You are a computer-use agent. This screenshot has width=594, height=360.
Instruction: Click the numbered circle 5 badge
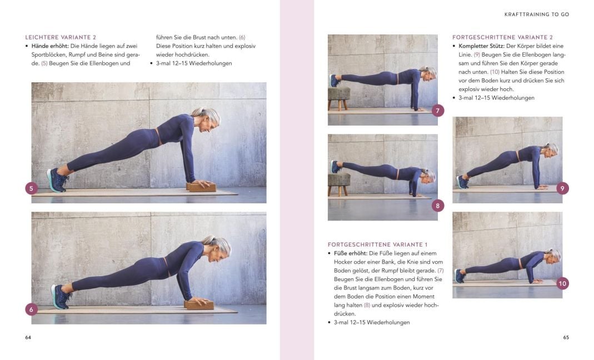tap(32, 188)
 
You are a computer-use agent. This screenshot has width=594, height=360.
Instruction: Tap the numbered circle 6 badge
tap(32, 309)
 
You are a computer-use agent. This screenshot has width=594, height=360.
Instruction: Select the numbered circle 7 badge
tap(437, 111)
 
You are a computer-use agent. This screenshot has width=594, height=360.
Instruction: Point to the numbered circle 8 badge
tap(437, 206)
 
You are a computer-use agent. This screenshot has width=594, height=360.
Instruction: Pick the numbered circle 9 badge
tap(562, 188)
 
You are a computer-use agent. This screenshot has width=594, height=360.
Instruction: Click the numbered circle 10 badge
tap(562, 283)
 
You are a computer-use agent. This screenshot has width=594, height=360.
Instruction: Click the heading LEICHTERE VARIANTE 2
tap(61, 37)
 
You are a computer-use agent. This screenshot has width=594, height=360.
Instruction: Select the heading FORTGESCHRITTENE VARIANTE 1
tap(377, 244)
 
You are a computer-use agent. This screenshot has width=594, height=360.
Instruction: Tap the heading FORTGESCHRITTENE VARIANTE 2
tap(502, 37)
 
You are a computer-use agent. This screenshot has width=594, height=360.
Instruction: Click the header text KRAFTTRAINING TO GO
tap(537, 14)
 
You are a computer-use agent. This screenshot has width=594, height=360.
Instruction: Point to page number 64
tap(28, 337)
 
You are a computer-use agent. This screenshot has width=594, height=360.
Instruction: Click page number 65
tap(566, 337)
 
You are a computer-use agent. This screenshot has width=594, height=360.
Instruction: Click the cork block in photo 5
tap(201, 187)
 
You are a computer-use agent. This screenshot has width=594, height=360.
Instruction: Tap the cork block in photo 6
tap(199, 304)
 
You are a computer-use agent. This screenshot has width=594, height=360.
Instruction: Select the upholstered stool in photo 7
tap(338, 98)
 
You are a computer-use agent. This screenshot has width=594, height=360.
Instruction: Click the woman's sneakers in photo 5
tap(57, 180)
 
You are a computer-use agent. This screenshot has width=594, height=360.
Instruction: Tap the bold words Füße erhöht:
tap(351, 253)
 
